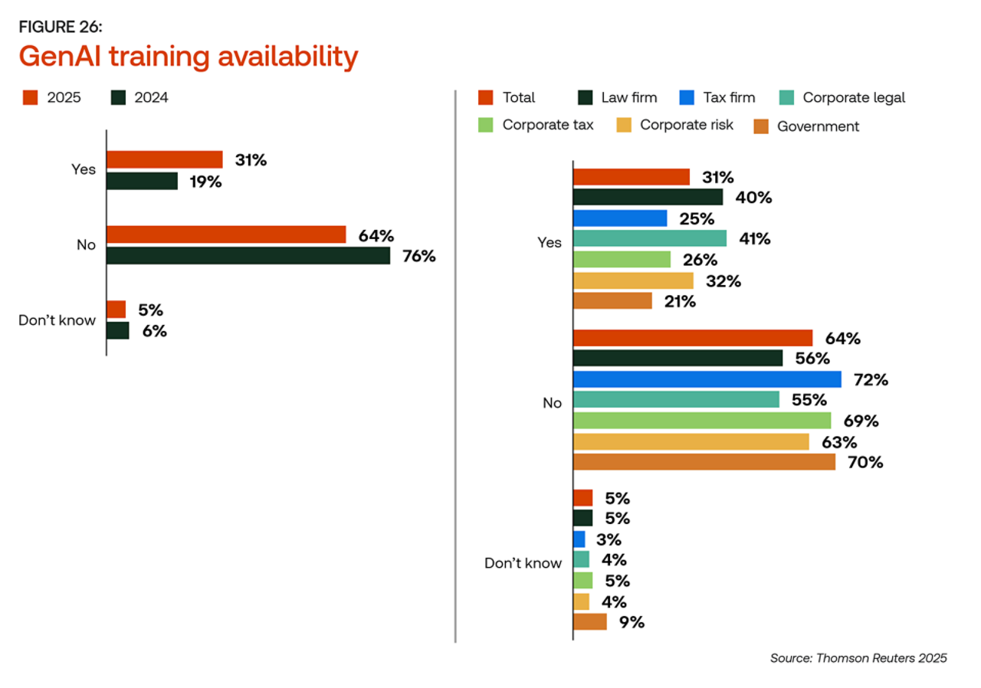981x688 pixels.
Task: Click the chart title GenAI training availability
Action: [189, 57]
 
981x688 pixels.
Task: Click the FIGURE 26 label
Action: [60, 28]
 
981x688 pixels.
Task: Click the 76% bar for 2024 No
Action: [248, 255]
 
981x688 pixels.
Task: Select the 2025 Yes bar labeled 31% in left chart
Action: [164, 159]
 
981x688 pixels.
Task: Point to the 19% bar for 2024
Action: [142, 181]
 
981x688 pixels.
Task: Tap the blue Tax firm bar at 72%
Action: [707, 379]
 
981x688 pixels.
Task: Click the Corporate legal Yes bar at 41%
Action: [649, 239]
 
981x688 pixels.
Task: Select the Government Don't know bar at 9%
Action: [589, 621]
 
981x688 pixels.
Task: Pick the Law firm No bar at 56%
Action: [678, 359]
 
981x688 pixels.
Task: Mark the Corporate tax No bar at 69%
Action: [701, 421]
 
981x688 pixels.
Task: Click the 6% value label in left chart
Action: [154, 331]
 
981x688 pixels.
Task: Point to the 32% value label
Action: [723, 280]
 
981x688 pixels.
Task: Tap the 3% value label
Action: [609, 539]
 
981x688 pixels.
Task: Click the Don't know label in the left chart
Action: [57, 320]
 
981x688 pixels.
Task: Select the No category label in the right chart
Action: [552, 402]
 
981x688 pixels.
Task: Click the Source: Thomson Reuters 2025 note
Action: [858, 658]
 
